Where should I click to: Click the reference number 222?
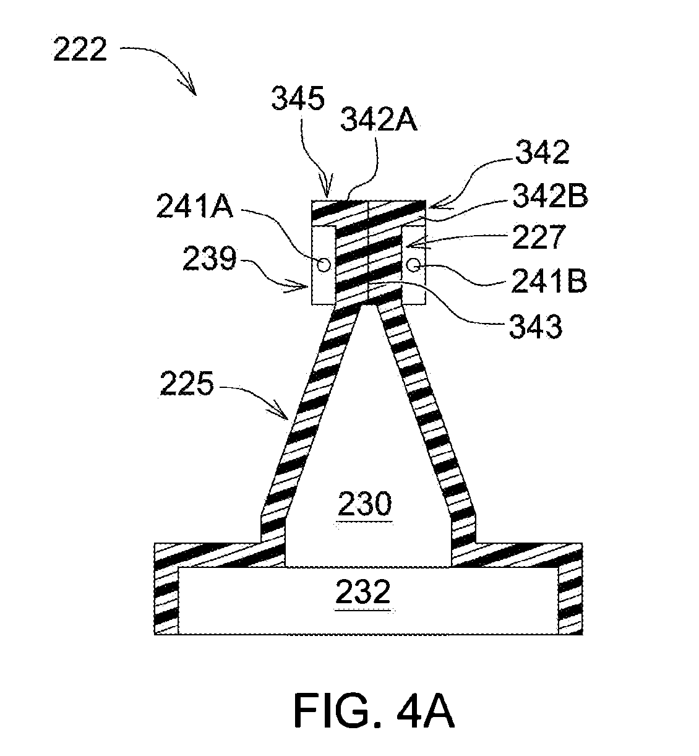click(x=80, y=49)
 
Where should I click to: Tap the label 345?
click(x=298, y=98)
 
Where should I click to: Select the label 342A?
click(x=379, y=119)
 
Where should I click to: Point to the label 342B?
click(x=549, y=196)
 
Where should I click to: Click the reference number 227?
click(x=539, y=237)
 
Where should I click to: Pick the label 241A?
click(x=195, y=206)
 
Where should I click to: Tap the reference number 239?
click(x=210, y=259)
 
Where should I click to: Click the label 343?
click(x=536, y=327)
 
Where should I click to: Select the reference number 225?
click(x=187, y=384)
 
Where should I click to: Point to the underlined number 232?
click(x=363, y=591)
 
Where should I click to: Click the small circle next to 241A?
click(x=324, y=264)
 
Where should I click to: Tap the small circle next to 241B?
click(x=414, y=264)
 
